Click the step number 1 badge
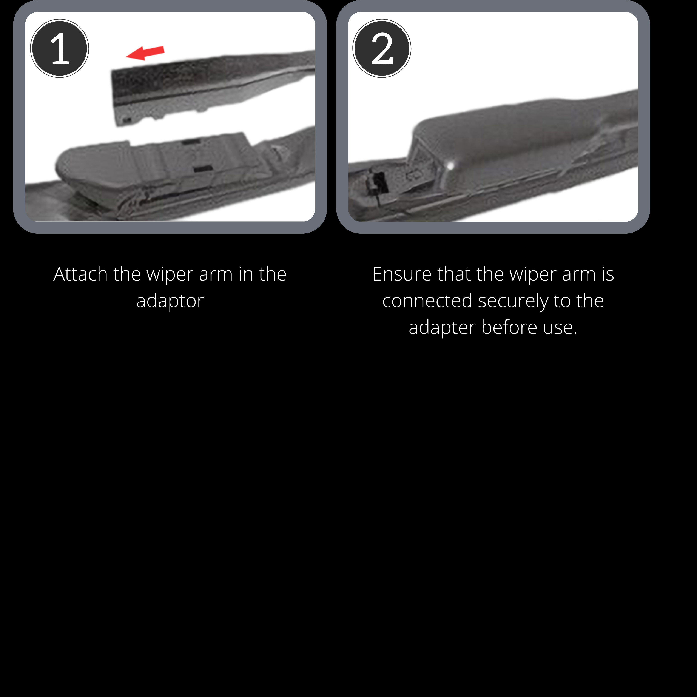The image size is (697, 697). pos(60,48)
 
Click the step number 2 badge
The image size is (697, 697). pos(382,48)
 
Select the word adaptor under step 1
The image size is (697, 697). pos(170,301)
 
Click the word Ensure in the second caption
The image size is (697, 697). pos(402,274)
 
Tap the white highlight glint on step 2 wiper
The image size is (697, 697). pos(450,166)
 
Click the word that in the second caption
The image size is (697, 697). pos(454,274)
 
